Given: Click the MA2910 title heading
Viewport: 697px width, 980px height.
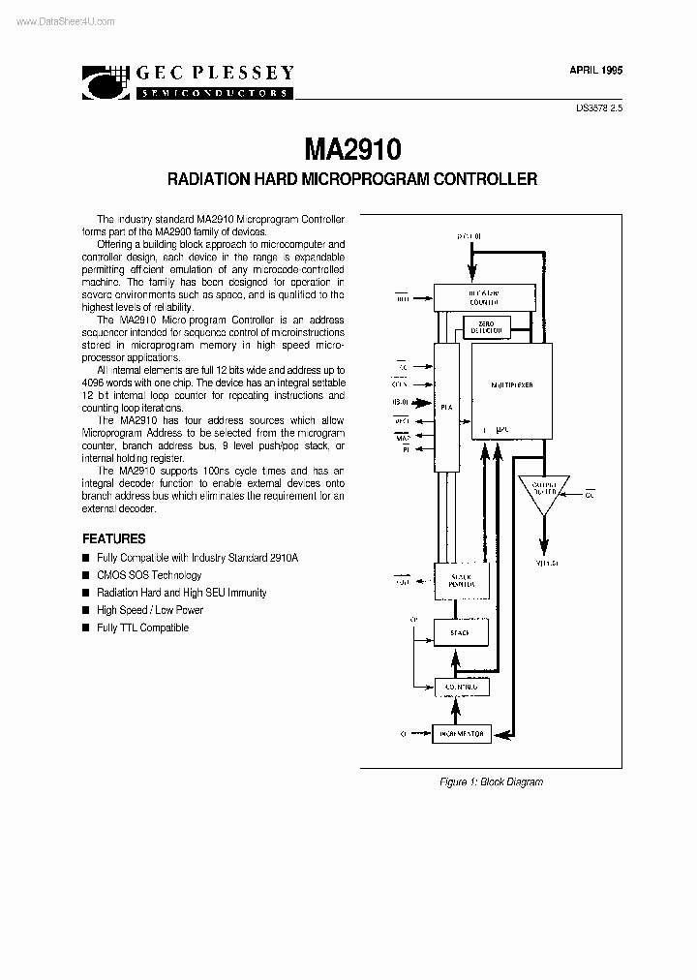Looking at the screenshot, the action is point(352,149).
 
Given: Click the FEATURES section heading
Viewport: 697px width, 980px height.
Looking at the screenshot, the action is point(114,538).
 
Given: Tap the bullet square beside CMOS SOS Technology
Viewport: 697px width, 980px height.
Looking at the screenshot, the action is point(86,575).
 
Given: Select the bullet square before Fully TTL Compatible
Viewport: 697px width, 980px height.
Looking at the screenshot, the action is point(86,628).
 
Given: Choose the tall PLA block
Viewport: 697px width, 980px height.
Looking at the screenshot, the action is point(446,408).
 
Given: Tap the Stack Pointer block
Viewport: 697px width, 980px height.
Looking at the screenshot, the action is point(461,580).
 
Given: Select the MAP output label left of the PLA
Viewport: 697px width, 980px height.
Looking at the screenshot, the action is point(402,439).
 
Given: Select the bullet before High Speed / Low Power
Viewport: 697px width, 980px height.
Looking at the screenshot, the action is point(86,610).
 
